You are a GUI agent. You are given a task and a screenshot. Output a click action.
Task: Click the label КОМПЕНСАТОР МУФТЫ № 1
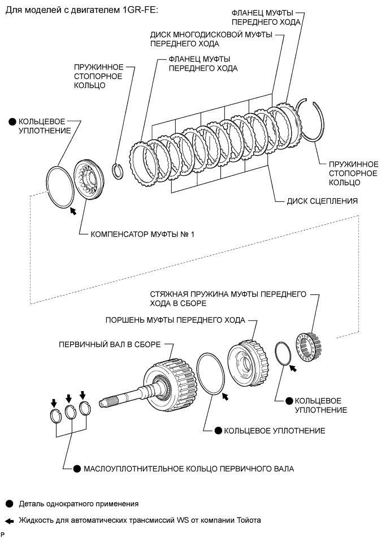point(142,235)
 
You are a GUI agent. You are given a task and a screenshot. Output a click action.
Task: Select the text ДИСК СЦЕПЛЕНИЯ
point(322,201)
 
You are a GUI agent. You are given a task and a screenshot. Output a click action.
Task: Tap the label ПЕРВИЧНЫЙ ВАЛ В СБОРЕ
point(110,344)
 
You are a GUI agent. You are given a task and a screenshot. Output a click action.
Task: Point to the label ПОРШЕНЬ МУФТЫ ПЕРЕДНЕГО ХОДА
point(175,320)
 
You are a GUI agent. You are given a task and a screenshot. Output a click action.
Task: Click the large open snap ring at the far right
point(310,120)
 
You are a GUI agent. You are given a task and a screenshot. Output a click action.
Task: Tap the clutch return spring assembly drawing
point(307,348)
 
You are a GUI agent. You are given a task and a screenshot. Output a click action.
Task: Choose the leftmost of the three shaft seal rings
point(55,416)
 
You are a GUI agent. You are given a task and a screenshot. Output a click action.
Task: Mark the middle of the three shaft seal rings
point(70,413)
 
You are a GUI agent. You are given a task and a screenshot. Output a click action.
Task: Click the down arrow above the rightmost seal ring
point(83,395)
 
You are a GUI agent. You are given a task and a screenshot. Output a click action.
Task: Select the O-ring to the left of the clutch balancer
point(60,188)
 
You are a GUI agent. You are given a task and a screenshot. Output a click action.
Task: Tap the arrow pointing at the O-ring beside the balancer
point(73,211)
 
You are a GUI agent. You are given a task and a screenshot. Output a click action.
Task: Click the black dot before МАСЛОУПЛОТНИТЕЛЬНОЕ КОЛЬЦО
point(77,468)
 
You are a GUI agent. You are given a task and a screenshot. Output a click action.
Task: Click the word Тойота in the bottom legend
point(249,520)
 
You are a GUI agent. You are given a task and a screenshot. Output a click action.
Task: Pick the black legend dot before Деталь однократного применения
point(10,504)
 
